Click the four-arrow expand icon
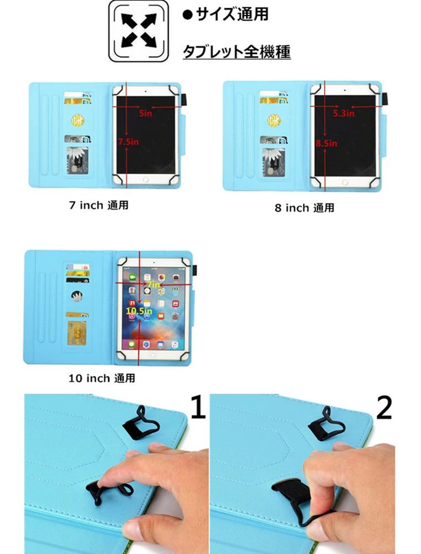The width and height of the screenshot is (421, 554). pyautogui.click(x=138, y=30)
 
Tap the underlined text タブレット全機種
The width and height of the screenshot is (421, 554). pyautogui.click(x=237, y=52)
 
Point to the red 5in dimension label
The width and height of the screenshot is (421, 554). pyautogui.click(x=145, y=113)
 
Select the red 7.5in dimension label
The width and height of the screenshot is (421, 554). pyautogui.click(x=128, y=142)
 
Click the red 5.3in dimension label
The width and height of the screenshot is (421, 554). pyautogui.click(x=343, y=113)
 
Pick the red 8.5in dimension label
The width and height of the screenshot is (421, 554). pyautogui.click(x=326, y=143)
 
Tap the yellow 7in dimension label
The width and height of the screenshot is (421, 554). pyautogui.click(x=153, y=284)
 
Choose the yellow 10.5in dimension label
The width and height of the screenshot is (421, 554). pyautogui.click(x=139, y=311)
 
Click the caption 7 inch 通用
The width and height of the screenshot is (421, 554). pyautogui.click(x=99, y=205)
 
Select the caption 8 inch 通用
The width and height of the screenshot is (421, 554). pyautogui.click(x=305, y=208)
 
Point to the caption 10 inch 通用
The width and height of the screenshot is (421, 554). pyautogui.click(x=102, y=378)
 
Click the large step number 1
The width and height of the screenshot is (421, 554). pyautogui.click(x=198, y=407)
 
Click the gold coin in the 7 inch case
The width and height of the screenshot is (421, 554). pyautogui.click(x=78, y=120)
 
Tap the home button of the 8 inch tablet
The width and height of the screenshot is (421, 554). pyautogui.click(x=345, y=182)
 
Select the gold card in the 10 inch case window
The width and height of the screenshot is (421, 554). pyautogui.click(x=76, y=333)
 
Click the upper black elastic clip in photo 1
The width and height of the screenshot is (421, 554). pyautogui.click(x=140, y=423)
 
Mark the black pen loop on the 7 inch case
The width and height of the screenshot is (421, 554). pyautogui.click(x=184, y=100)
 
